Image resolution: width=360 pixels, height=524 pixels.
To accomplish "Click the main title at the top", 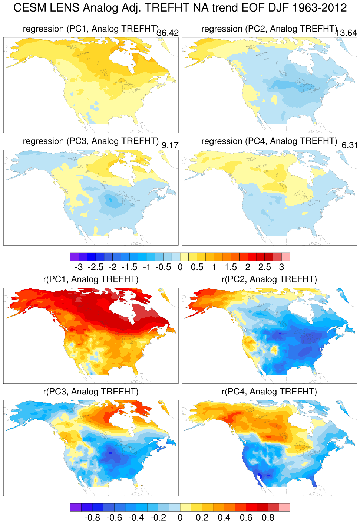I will tap(180, 8).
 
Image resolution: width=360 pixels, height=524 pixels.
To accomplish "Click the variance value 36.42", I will tap(168, 33).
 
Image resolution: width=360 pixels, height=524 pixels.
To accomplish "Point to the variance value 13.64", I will tap(346, 33).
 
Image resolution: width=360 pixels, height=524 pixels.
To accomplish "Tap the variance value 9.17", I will tap(170, 145).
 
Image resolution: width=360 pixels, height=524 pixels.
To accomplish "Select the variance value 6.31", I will tap(349, 145).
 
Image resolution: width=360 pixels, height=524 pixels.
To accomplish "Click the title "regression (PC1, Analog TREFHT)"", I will tap(91, 29).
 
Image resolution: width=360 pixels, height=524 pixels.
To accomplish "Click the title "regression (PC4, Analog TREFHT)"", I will tap(269, 141).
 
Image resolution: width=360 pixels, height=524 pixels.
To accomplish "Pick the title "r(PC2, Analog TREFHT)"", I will tap(269, 279).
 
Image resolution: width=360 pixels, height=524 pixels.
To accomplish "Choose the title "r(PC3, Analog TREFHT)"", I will tap(91, 392).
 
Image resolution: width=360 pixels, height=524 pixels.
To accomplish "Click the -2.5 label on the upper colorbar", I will tap(96, 267).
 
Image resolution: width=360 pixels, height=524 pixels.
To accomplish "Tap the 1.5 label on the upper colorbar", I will tap(231, 267).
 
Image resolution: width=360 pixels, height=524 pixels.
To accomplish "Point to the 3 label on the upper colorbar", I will tap(282, 267).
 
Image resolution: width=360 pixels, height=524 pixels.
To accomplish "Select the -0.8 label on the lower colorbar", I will tap(92, 518).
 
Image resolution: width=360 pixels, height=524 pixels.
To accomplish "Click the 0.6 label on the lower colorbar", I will tap(246, 518).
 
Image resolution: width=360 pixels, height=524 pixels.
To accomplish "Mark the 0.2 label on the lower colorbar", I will tap(202, 518).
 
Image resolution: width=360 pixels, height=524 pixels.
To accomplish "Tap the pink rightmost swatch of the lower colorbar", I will tap(284, 507).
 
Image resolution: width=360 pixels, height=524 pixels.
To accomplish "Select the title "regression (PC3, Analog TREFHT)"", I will tap(91, 141).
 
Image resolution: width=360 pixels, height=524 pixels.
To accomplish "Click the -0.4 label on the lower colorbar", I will tap(136, 518).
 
